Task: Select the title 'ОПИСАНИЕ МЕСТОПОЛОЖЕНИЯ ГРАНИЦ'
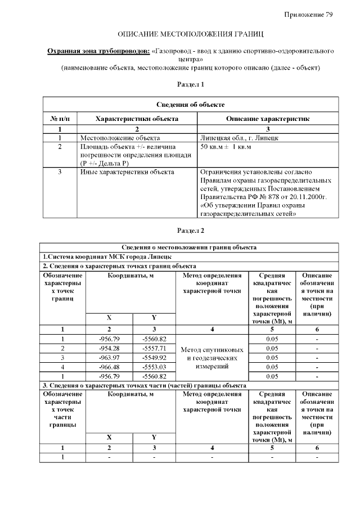coord(190,35)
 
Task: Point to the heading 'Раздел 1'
coord(190,84)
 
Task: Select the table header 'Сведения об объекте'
coord(190,105)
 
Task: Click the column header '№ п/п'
coord(60,119)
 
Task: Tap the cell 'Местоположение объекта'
coord(120,137)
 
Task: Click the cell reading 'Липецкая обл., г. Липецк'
coord(237,137)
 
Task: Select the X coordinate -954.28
coord(110,348)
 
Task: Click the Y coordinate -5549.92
coord(154,357)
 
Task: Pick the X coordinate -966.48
coord(110,367)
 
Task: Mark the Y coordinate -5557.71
coord(154,348)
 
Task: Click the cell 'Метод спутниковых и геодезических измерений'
coord(212,358)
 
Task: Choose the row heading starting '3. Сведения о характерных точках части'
coord(145,385)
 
